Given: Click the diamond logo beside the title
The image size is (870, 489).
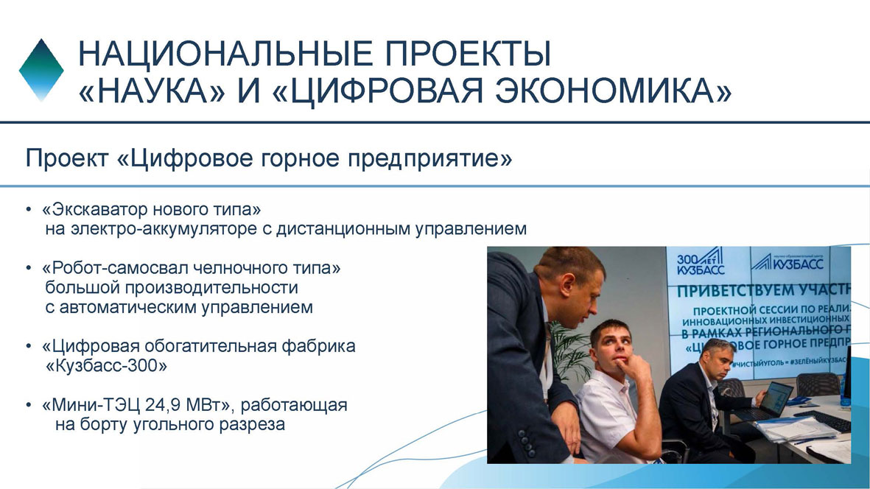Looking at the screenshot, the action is click(x=41, y=70).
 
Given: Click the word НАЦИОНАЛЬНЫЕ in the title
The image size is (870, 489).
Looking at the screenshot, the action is click(x=226, y=54).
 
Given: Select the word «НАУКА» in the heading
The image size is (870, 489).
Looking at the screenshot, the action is click(x=152, y=91).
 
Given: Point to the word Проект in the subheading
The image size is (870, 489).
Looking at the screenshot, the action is click(x=66, y=158).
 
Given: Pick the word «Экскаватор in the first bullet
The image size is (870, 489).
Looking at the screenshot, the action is click(x=95, y=210).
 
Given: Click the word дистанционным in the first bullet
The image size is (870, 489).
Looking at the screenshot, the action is click(x=344, y=229).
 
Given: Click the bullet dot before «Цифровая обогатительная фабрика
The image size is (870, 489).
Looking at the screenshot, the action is click(x=29, y=347).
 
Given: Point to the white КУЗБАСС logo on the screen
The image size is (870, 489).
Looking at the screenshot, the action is click(x=788, y=261).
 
